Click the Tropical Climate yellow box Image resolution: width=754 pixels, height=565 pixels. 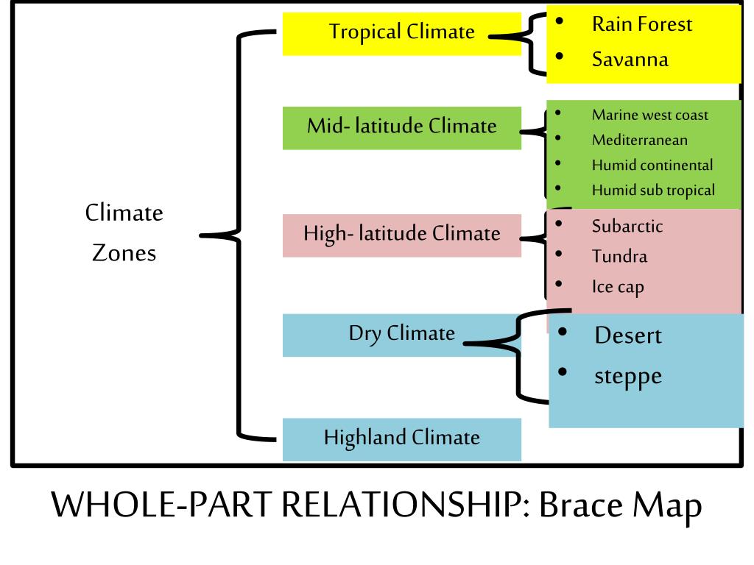(401, 33)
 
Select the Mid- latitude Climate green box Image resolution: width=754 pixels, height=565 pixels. (401, 127)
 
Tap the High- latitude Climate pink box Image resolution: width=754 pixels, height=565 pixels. (401, 235)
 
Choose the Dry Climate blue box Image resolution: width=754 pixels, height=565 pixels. (401, 334)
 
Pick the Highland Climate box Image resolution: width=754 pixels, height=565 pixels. (401, 439)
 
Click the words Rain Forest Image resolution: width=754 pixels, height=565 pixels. (642, 24)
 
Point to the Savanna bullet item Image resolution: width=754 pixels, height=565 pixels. (630, 59)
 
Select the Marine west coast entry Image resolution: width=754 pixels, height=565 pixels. (650, 115)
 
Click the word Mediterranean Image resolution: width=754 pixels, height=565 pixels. (640, 140)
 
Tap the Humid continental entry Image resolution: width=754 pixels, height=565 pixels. (652, 165)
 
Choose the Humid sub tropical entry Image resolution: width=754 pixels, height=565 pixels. (653, 190)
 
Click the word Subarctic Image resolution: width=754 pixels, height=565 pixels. (627, 226)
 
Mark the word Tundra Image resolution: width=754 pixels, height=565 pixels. (619, 257)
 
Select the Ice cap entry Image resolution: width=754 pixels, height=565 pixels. (618, 287)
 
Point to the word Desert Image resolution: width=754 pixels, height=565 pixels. (628, 335)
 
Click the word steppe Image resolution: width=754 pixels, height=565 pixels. (628, 377)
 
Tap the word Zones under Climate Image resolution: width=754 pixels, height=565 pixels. (124, 254)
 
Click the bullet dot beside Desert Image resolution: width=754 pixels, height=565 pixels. (563, 332)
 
